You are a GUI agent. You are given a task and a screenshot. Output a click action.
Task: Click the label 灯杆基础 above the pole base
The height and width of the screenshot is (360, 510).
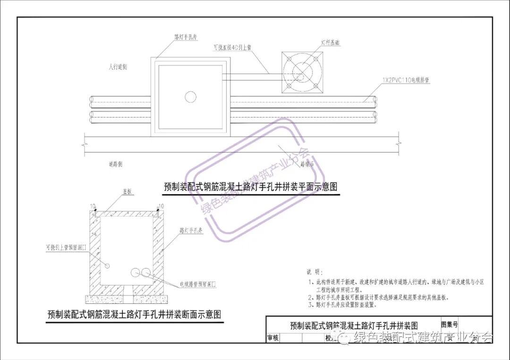click(331, 43)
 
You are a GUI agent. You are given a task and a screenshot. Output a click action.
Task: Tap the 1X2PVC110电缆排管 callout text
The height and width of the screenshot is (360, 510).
click(406, 81)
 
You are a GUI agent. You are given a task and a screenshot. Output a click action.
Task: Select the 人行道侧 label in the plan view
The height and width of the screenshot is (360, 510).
click(118, 67)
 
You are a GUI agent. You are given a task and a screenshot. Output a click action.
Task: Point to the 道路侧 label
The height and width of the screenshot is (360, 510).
click(115, 164)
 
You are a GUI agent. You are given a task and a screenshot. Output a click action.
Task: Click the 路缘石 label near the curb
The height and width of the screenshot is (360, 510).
click(307, 164)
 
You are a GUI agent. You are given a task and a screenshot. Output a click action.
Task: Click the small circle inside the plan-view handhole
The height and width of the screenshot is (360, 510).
click(190, 97)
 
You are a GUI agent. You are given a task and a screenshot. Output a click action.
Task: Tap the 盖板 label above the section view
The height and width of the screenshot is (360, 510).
click(127, 192)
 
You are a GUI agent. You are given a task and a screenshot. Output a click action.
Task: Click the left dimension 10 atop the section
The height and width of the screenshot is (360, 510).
click(94, 206)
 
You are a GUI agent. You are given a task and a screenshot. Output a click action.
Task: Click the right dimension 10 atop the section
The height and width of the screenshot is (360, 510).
click(161, 206)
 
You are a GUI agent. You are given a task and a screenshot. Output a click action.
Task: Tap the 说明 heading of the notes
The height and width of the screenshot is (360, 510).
click(314, 272)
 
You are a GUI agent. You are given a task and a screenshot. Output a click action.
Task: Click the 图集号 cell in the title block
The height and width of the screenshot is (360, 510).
click(449, 324)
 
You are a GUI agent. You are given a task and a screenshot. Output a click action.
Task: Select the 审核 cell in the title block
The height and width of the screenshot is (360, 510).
click(273, 338)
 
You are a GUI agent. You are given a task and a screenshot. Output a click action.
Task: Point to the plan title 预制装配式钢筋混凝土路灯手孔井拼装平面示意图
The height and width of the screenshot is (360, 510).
click(251, 187)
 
